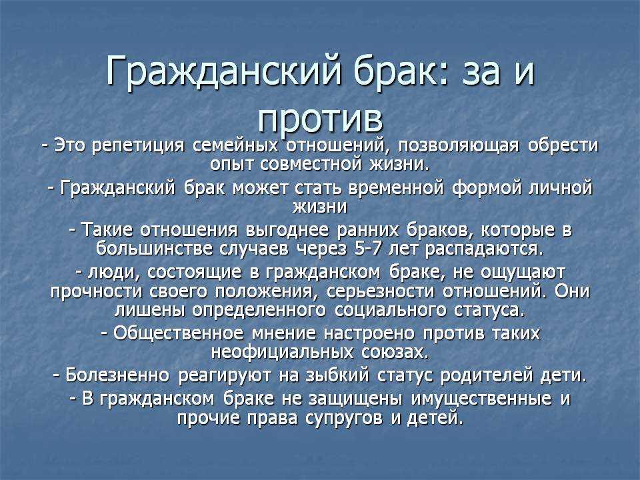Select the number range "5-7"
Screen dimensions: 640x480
pos(369,249)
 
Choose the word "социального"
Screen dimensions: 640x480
pos(389,311)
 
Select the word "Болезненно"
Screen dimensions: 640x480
pos(117,375)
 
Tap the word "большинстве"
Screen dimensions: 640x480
pos(155,249)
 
